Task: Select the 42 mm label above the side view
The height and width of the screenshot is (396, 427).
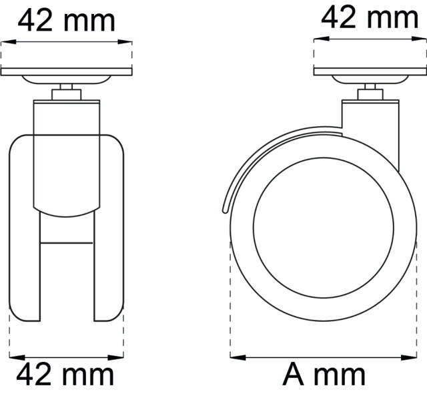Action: click(x=370, y=18)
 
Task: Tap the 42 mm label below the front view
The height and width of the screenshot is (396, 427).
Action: click(x=65, y=375)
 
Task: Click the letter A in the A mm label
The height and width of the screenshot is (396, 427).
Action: click(x=294, y=375)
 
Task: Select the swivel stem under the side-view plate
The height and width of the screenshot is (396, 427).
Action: click(x=370, y=93)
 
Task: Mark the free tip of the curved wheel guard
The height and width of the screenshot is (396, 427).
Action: click(x=223, y=209)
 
